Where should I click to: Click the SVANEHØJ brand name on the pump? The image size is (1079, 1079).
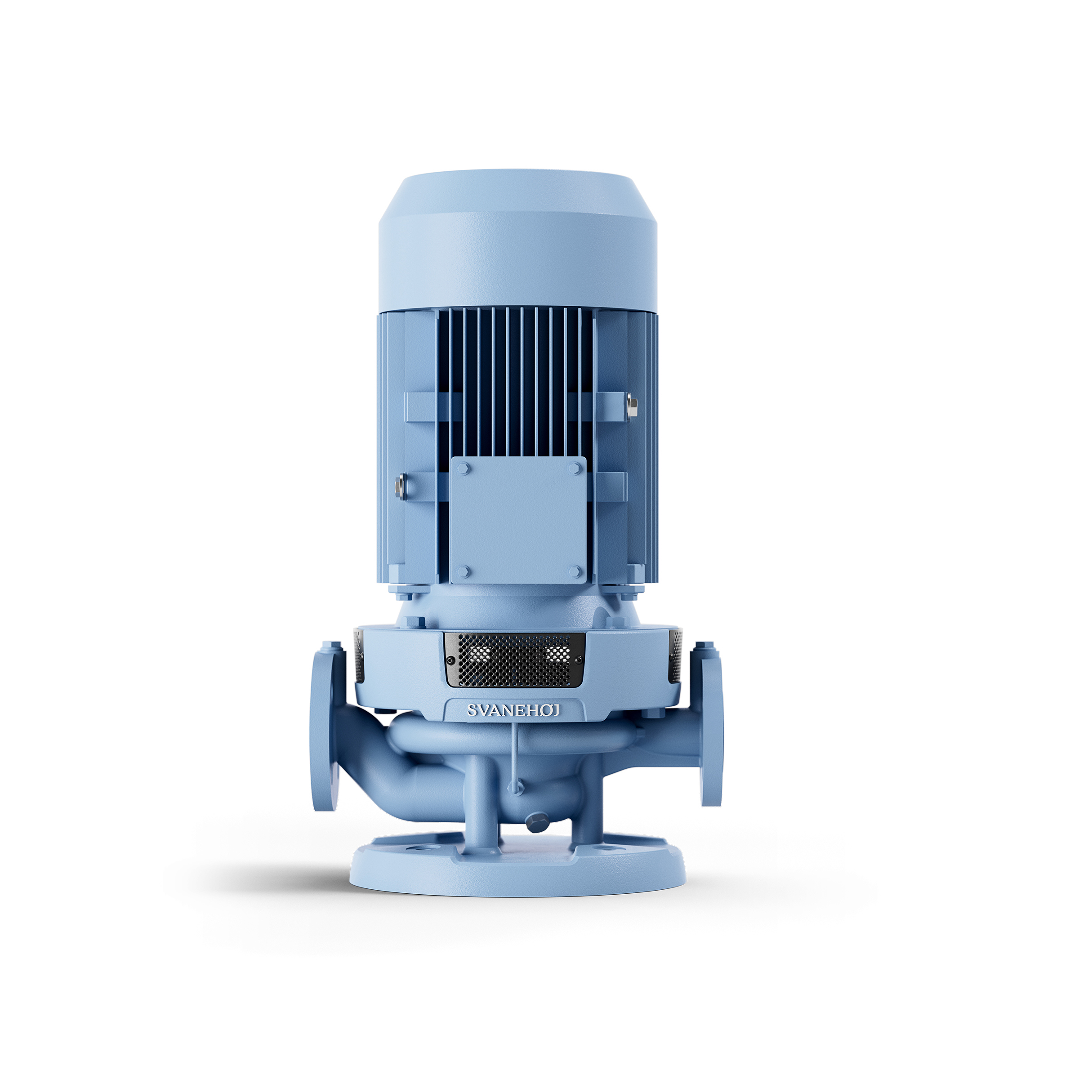coord(513,710)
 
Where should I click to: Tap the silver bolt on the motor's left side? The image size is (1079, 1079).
coord(399,486)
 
